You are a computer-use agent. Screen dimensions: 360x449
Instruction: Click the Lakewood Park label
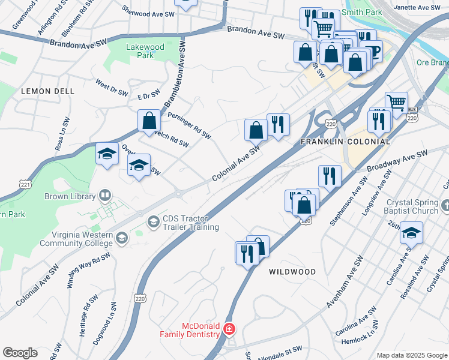(140, 51)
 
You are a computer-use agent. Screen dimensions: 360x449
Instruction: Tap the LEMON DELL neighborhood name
(47, 91)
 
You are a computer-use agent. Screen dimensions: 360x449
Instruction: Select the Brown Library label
(70, 196)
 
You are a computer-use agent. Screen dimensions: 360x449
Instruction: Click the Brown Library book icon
(104, 196)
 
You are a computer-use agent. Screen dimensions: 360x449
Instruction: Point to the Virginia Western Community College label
(76, 239)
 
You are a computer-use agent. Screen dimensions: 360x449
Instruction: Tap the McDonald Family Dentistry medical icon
(229, 329)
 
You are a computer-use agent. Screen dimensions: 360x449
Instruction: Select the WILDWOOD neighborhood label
(292, 272)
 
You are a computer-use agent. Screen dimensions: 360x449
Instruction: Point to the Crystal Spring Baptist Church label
(412, 207)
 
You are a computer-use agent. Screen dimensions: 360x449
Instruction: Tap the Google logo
(20, 353)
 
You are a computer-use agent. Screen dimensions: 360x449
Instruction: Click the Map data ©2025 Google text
(411, 355)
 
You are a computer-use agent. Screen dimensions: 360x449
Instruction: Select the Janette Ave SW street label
(418, 8)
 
